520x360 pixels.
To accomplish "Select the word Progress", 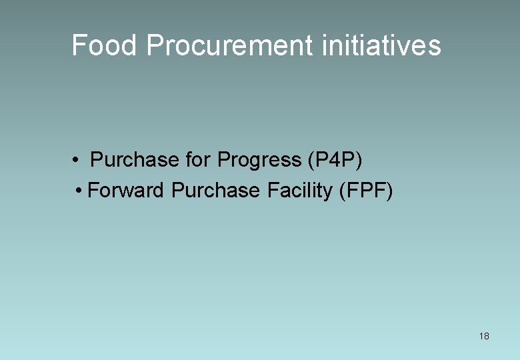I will pyautogui.click(x=259, y=161).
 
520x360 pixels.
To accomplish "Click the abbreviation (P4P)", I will pyautogui.click(x=335, y=161).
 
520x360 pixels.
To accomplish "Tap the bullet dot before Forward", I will pyautogui.click(x=79, y=191).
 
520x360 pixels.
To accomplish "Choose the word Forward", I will pyautogui.click(x=126, y=191).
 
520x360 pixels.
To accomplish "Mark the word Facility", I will pyautogui.click(x=299, y=191).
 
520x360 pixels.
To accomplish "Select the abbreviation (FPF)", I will pyautogui.click(x=366, y=191).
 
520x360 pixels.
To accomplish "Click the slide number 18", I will pyautogui.click(x=484, y=336).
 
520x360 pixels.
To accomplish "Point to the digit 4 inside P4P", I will pyautogui.click(x=337, y=161).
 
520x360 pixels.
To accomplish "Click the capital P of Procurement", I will pyautogui.click(x=154, y=45).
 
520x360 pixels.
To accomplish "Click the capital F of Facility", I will pyautogui.click(x=272, y=191).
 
